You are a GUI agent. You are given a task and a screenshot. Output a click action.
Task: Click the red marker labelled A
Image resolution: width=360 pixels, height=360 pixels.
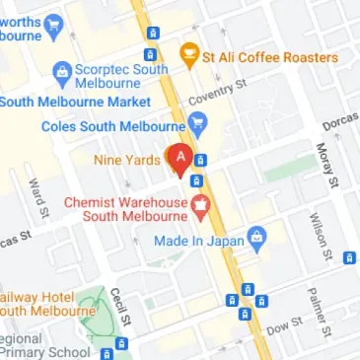tap(180, 159)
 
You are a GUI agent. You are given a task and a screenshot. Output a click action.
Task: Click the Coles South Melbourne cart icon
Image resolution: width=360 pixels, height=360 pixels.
tap(197, 124)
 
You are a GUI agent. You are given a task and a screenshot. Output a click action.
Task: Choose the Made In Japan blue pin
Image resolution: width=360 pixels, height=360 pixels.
tap(257, 237)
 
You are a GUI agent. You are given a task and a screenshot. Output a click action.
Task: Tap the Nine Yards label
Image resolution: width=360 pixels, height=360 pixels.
tap(126, 159)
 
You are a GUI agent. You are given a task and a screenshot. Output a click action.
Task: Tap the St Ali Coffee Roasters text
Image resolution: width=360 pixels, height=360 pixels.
tap(270, 57)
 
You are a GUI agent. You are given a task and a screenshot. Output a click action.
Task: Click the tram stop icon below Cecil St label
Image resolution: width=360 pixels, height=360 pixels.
tap(121, 343)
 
